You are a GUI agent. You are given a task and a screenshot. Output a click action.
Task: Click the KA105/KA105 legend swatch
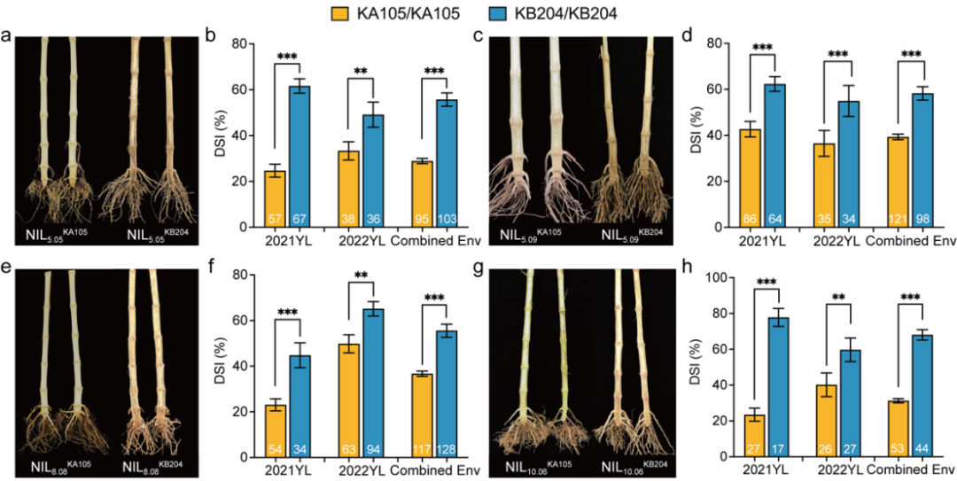click(337, 13)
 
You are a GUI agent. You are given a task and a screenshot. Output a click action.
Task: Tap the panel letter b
click(210, 36)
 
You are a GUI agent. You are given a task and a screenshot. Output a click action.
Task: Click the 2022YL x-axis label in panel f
click(361, 469)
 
